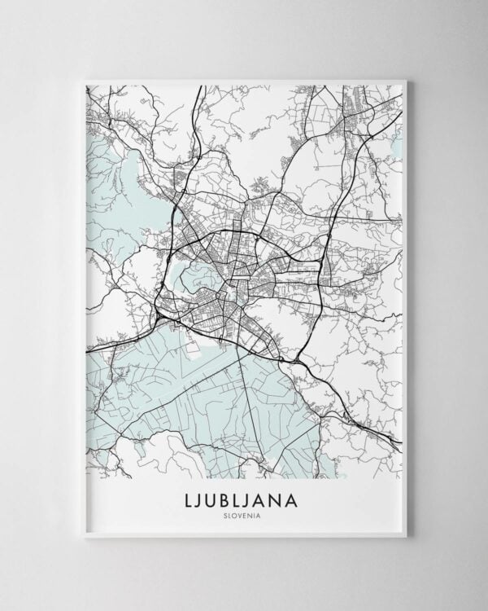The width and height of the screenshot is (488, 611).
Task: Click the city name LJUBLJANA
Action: pyautogui.click(x=244, y=497)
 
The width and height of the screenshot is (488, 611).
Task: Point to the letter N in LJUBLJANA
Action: pyautogui.click(x=288, y=497)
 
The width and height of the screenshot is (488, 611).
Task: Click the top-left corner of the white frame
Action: pyautogui.click(x=82, y=78)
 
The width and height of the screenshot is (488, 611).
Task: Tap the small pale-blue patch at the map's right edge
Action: pyautogui.click(x=398, y=147)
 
